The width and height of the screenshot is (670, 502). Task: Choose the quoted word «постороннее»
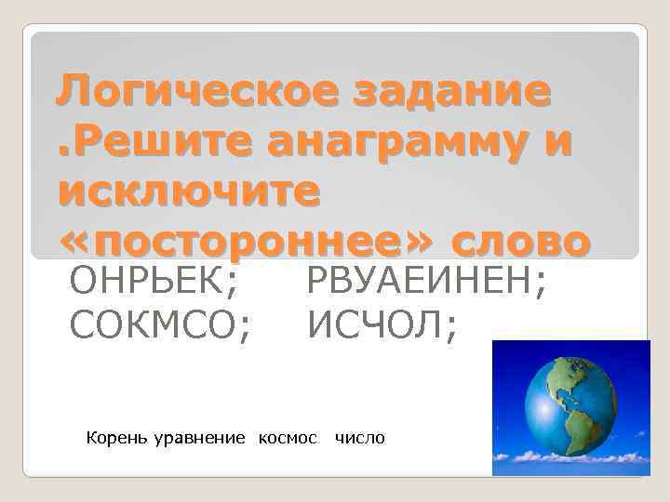click(246, 242)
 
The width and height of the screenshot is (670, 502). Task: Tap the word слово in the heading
click(520, 242)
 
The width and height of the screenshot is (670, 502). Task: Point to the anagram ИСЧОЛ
click(376, 324)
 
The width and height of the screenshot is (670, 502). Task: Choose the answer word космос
click(288, 437)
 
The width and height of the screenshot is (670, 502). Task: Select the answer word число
click(359, 437)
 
